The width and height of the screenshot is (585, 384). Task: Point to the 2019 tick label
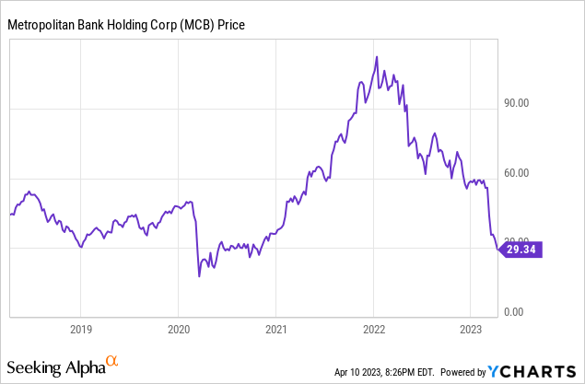pyautogui.click(x=81, y=327)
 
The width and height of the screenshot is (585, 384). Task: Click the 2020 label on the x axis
pyautogui.click(x=179, y=327)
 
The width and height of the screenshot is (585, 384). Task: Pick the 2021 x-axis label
pyautogui.click(x=276, y=327)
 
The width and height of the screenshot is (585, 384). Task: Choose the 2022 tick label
pyautogui.click(x=373, y=327)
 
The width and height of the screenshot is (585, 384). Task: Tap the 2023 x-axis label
pyautogui.click(x=471, y=327)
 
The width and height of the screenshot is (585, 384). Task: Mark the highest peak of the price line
pyautogui.click(x=376, y=56)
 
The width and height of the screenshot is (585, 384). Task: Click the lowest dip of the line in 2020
pyautogui.click(x=199, y=275)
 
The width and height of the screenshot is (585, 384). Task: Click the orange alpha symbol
pyautogui.click(x=111, y=361)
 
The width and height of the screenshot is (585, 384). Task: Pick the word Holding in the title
pyautogui.click(x=124, y=26)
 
